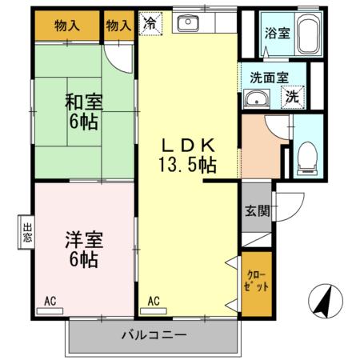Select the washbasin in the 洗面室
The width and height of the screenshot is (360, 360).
(x=256, y=98)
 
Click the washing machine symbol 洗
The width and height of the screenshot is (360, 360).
(x=294, y=96)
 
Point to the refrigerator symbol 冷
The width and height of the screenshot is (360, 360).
(x=150, y=25)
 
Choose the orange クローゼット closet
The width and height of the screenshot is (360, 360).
(x=256, y=280)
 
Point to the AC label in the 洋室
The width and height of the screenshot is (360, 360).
(x=50, y=302)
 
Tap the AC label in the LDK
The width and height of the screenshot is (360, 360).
(x=154, y=302)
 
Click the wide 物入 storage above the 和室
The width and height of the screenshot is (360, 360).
(x=67, y=26)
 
